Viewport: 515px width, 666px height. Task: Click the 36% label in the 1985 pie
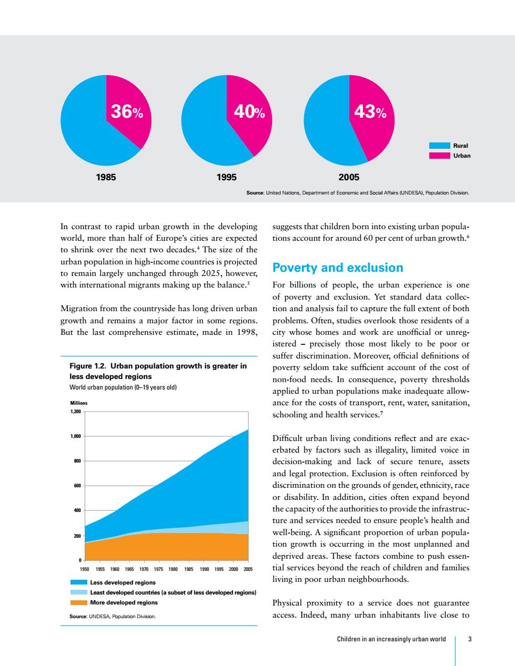click(x=127, y=111)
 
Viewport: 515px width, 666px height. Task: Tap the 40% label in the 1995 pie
click(x=249, y=111)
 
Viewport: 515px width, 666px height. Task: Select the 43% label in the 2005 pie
click(x=370, y=111)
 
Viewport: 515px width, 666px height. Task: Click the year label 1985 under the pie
click(x=106, y=177)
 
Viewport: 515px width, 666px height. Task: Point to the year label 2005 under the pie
click(x=349, y=177)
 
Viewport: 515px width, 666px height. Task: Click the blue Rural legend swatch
click(x=440, y=146)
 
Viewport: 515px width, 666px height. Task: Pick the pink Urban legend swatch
click(x=440, y=156)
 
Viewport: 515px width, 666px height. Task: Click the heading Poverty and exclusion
click(x=338, y=268)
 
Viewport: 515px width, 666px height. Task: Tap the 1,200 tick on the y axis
click(x=76, y=411)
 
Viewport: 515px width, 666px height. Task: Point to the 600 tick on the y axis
click(x=77, y=486)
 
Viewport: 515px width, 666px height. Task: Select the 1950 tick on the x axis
click(x=84, y=569)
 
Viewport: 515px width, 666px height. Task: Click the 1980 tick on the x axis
click(x=174, y=569)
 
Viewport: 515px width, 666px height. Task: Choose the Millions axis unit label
click(x=79, y=403)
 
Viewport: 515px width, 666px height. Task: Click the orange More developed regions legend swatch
click(x=79, y=602)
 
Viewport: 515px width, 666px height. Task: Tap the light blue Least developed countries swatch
click(x=79, y=592)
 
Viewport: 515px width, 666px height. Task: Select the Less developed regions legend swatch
click(x=79, y=582)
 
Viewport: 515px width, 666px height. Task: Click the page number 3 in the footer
click(x=470, y=639)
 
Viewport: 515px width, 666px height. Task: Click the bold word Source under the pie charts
click(x=255, y=193)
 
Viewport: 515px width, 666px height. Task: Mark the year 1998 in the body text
click(x=246, y=332)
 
